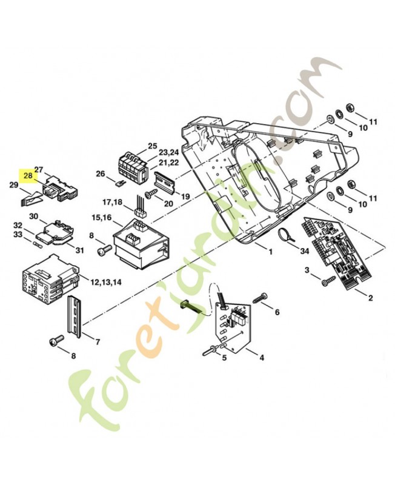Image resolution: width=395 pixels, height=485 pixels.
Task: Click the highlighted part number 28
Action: click(x=28, y=176)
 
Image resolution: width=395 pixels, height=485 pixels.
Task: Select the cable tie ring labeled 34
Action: click(x=284, y=234)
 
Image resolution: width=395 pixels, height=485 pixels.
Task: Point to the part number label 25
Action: click(x=152, y=147)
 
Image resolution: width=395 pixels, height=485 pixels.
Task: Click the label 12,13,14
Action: click(x=105, y=283)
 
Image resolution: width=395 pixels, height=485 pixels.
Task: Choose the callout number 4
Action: click(x=262, y=358)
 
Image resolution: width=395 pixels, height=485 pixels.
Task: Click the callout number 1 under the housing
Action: click(x=270, y=251)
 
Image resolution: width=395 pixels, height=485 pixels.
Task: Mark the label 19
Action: click(x=185, y=196)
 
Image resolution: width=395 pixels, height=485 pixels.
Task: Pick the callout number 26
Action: click(x=100, y=174)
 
